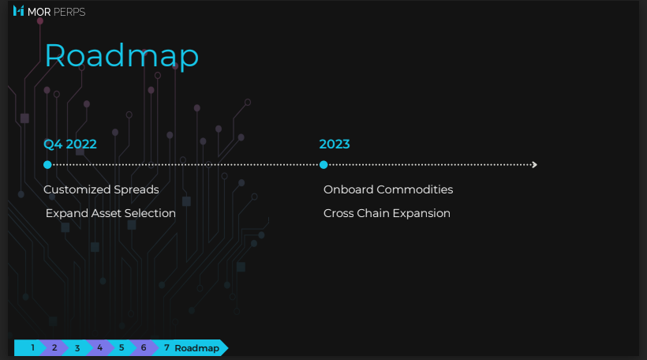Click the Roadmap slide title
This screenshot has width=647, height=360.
click(x=122, y=56)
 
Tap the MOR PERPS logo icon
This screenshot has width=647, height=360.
click(x=19, y=11)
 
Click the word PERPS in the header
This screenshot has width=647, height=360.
click(x=69, y=12)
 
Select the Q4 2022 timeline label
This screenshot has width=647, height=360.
click(x=70, y=144)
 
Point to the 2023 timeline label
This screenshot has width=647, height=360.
click(x=335, y=144)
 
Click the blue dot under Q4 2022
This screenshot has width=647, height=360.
click(x=47, y=165)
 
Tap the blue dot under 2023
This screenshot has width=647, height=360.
click(x=323, y=165)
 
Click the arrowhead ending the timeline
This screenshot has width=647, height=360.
click(x=535, y=165)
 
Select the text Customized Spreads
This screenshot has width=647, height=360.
click(x=101, y=189)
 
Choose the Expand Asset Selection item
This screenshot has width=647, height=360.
click(x=110, y=213)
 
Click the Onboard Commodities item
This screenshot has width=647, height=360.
click(x=388, y=189)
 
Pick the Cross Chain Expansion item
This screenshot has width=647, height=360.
click(x=387, y=213)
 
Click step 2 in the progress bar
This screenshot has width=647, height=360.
click(x=54, y=347)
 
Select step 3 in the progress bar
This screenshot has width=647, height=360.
click(x=77, y=348)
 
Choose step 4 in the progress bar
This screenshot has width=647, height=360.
click(x=100, y=347)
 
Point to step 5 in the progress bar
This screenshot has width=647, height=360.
click(x=122, y=347)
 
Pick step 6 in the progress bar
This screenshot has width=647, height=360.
click(x=144, y=347)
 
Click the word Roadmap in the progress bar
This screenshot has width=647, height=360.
click(x=196, y=348)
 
